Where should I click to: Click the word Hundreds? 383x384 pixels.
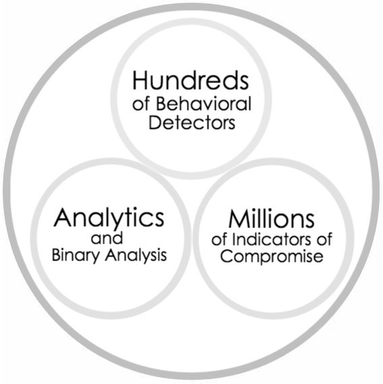pyautogui.click(x=191, y=80)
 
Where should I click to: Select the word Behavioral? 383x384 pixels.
pyautogui.click(x=204, y=103)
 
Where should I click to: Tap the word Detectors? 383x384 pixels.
pyautogui.click(x=192, y=122)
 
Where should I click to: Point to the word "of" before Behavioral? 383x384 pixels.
pyautogui.click(x=141, y=104)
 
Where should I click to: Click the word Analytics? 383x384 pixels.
pyautogui.click(x=109, y=219)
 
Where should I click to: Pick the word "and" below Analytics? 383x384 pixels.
pyautogui.click(x=107, y=238)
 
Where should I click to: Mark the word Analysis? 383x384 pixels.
pyautogui.click(x=136, y=255)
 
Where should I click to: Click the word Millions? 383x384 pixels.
pyautogui.click(x=271, y=219)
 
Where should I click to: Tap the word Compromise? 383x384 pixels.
pyautogui.click(x=272, y=256)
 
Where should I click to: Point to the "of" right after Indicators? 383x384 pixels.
pyautogui.click(x=324, y=239)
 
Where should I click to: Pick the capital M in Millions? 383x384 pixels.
pyautogui.click(x=239, y=219)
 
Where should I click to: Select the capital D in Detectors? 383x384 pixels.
pyautogui.click(x=154, y=122)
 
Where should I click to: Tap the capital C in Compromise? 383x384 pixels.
pyautogui.click(x=227, y=256)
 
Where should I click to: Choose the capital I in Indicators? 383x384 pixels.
pyautogui.click(x=233, y=239)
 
